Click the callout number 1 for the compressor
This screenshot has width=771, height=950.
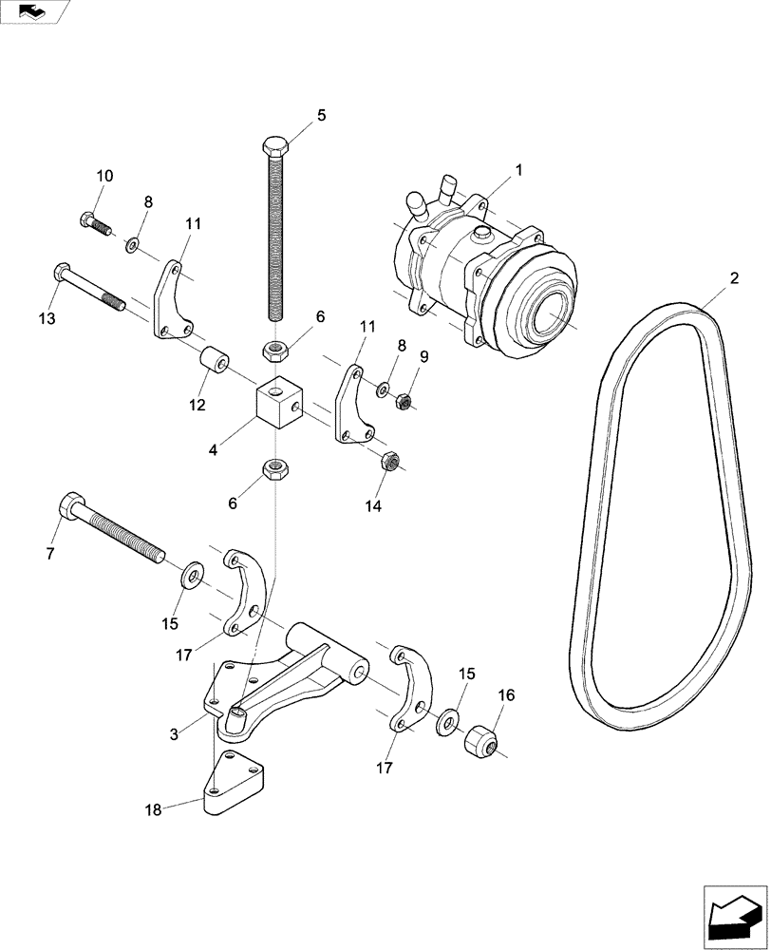point(518,170)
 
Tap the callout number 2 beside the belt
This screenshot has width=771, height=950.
point(733,278)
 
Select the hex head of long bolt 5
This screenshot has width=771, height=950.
point(274,147)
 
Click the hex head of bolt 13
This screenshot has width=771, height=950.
point(63,275)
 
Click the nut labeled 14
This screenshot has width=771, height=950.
point(388,462)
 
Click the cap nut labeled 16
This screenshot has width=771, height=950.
point(481,742)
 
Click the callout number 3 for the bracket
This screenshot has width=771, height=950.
point(174,733)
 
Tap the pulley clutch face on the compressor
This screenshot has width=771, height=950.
point(548,310)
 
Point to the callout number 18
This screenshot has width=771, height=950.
point(154,810)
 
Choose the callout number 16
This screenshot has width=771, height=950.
point(505,695)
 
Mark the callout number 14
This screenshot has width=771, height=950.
point(372,506)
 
